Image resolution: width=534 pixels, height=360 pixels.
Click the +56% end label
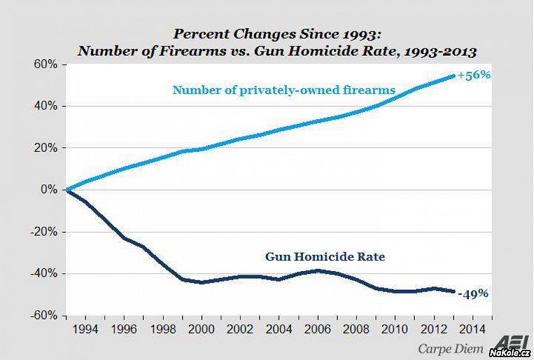[x=474, y=75]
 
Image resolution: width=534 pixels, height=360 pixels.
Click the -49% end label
[x=473, y=293]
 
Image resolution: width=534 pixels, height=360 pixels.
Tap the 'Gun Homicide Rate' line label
[x=325, y=256]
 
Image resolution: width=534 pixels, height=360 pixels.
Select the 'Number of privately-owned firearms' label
[x=284, y=89]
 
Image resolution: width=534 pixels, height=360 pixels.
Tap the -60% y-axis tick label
[x=45, y=315]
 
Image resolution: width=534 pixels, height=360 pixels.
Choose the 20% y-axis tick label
[x=47, y=148]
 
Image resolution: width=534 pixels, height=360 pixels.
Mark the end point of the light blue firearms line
[x=453, y=76]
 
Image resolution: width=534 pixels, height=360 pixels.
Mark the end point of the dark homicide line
[x=453, y=291]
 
